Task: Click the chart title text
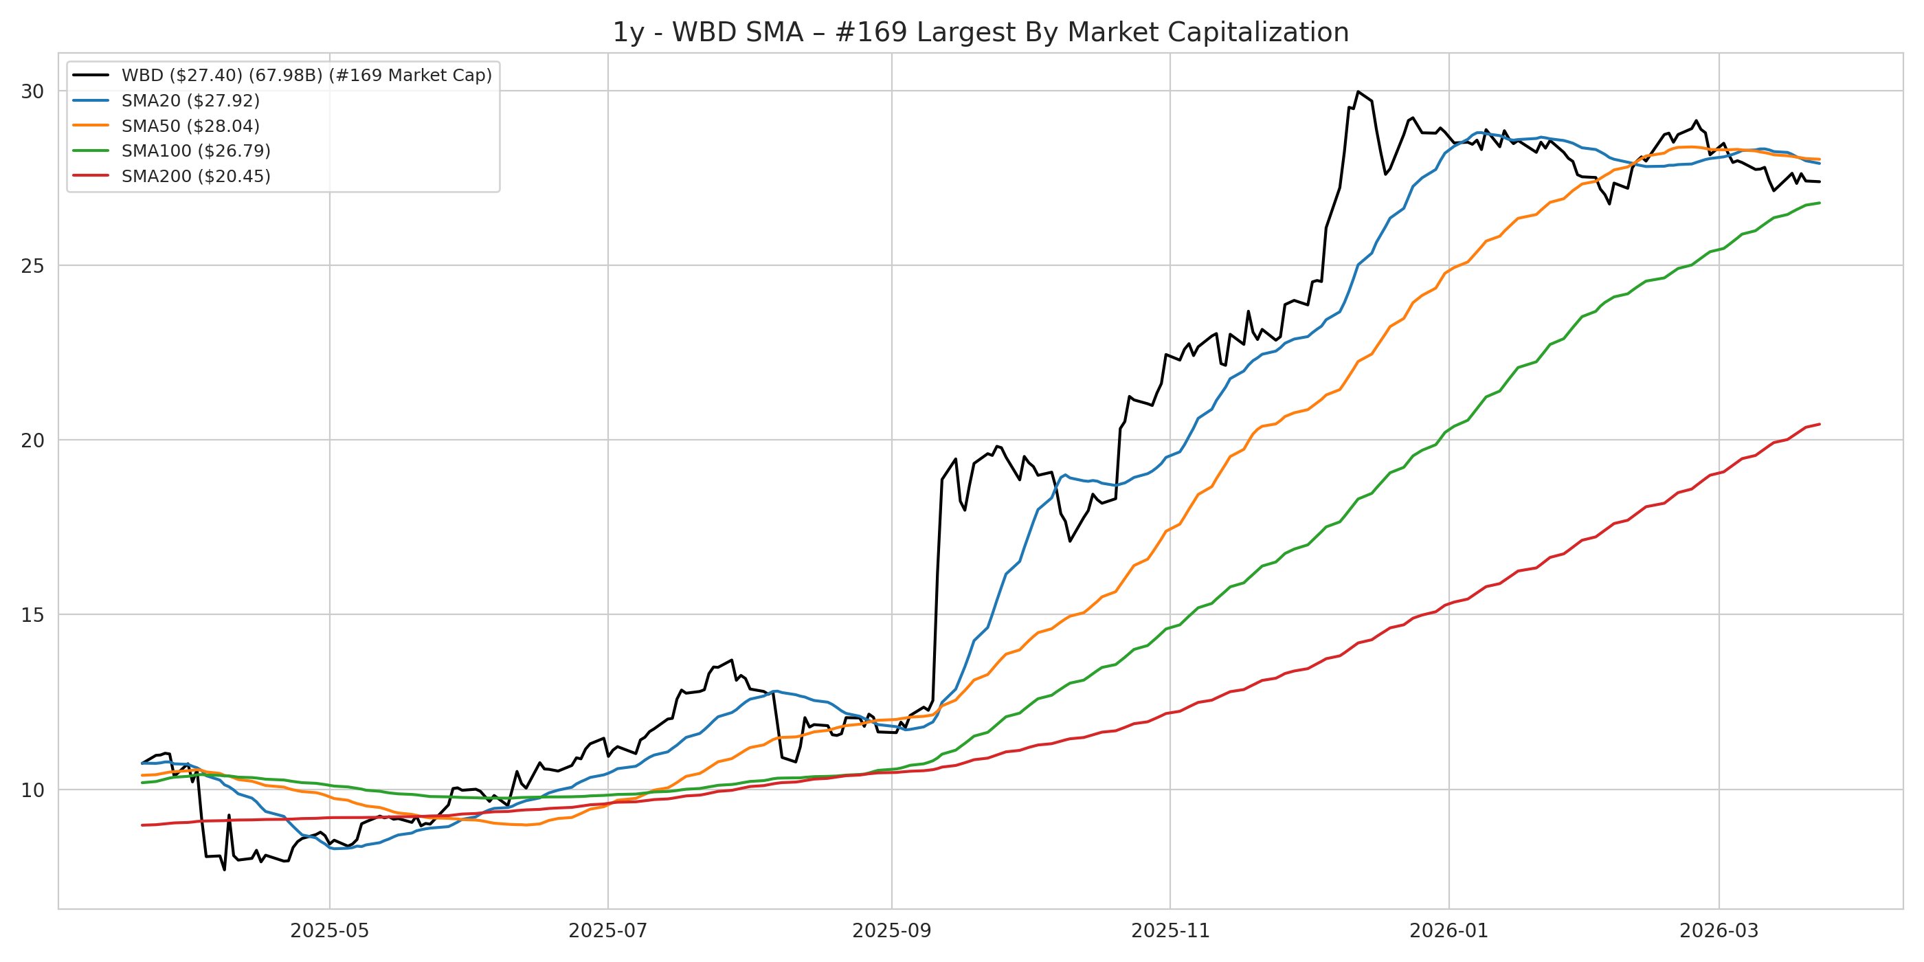(x=980, y=33)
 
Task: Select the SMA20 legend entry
(x=190, y=101)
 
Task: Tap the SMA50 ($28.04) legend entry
(x=190, y=126)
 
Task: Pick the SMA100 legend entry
(x=196, y=151)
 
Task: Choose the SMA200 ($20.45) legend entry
(x=196, y=177)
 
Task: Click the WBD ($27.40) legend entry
(x=306, y=76)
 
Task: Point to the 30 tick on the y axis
(x=33, y=91)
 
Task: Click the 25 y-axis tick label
(x=33, y=266)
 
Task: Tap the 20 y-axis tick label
(x=33, y=440)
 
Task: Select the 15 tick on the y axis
(x=33, y=615)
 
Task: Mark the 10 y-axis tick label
(x=33, y=790)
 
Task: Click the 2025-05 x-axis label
(x=329, y=930)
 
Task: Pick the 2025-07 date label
(x=608, y=930)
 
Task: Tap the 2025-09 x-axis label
(x=892, y=930)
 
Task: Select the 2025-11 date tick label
(x=1170, y=930)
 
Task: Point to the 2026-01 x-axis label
(x=1449, y=930)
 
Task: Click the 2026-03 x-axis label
(x=1719, y=930)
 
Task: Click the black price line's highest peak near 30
(x=1358, y=92)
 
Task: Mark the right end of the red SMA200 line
(x=1820, y=424)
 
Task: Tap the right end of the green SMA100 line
(x=1820, y=203)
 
